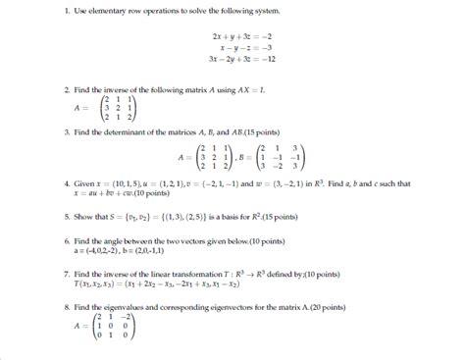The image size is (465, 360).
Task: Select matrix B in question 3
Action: [x=280, y=156]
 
